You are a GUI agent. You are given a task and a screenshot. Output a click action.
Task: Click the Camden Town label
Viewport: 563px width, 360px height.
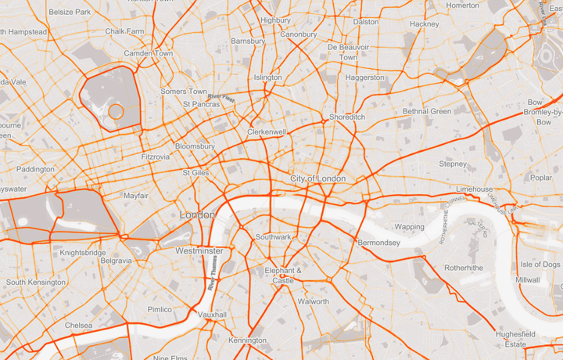[x=149, y=53]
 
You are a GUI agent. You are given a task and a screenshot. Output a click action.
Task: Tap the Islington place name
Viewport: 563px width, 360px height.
[x=268, y=77]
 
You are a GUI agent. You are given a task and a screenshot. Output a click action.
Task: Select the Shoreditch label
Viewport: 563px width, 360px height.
[x=347, y=117]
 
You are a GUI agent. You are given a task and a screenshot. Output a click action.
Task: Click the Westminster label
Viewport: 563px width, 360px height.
[x=199, y=251]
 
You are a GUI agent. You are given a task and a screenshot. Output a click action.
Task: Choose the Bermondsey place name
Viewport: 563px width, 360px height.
[x=378, y=243]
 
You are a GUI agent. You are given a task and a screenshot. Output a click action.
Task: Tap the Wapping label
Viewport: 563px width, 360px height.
[x=409, y=227]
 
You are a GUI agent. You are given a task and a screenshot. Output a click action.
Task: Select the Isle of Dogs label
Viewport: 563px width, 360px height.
[x=540, y=265]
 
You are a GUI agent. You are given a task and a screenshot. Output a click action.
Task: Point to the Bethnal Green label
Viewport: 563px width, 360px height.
[x=427, y=112]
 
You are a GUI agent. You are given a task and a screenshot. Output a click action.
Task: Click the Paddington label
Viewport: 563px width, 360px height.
[x=35, y=169]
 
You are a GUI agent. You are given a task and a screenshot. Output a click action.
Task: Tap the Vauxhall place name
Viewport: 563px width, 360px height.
[x=212, y=315]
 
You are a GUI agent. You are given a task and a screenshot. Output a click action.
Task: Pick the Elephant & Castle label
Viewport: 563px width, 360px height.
[x=283, y=275]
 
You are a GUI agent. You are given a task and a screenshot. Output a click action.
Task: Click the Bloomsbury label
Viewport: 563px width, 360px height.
[x=195, y=146]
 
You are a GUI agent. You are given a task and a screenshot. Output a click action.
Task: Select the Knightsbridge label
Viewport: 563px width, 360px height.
[x=83, y=253]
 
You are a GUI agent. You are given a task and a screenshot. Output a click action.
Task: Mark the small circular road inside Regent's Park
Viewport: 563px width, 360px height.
[x=116, y=111]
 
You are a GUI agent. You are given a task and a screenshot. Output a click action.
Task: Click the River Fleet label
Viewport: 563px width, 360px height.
[x=221, y=98]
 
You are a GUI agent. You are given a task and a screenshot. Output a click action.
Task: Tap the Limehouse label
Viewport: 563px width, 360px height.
[x=475, y=189]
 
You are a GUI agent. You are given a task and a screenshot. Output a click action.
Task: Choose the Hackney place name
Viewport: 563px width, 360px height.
[x=425, y=24]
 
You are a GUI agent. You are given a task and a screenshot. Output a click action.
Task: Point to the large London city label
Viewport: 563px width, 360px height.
[x=196, y=214]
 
